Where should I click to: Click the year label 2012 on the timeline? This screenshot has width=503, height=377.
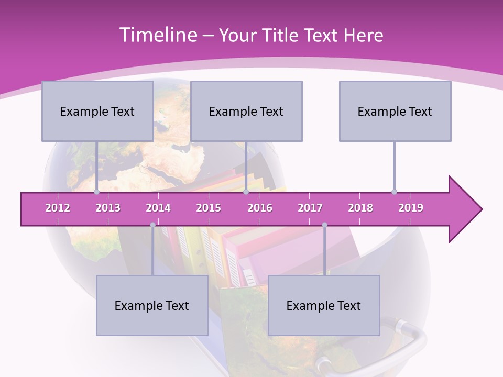pos(58,208)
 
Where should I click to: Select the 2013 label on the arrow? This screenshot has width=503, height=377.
pos(108,208)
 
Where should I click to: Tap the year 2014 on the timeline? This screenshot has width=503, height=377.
pos(158,208)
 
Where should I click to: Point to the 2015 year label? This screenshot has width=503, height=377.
pos(209,208)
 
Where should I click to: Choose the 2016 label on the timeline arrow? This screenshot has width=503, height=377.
pos(260,208)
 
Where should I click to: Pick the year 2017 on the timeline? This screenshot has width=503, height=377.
pos(310,208)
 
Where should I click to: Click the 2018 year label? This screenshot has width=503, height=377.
pos(360,208)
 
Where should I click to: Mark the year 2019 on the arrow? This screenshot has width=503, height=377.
pos(411,208)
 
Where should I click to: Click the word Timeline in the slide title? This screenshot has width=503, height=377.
pos(157,35)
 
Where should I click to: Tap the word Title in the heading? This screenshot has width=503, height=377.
pos(282,36)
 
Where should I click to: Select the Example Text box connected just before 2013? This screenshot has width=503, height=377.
pos(97,111)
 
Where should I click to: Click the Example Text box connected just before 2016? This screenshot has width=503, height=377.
pos(246,111)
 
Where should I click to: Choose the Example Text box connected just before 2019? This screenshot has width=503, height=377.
pos(395,111)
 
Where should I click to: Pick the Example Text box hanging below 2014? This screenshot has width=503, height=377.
pos(152,305)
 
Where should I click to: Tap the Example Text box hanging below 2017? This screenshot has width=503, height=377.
pos(324,305)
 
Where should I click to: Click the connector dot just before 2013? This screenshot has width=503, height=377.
pos(96,192)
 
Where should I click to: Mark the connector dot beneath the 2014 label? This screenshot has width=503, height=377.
pos(152,225)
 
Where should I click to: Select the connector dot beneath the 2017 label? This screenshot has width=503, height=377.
pos(324,225)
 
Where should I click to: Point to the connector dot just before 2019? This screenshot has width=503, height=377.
pos(394,192)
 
